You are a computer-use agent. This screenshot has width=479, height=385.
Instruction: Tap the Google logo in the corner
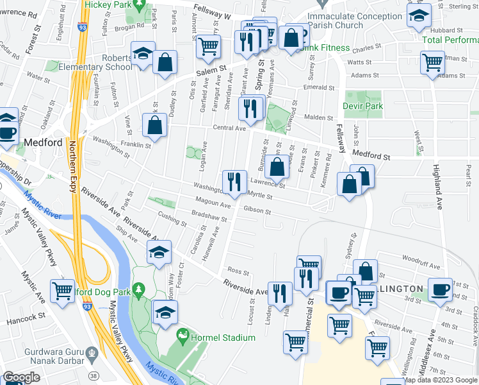coord(21,377)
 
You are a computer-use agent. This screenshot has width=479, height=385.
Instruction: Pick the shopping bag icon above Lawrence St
coord(277,167)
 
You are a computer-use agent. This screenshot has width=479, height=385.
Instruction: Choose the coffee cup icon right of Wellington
coord(440,289)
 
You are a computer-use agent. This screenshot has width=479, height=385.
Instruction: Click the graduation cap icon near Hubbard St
coord(419,17)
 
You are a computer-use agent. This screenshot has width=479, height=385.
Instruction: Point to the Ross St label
coord(238,271)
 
